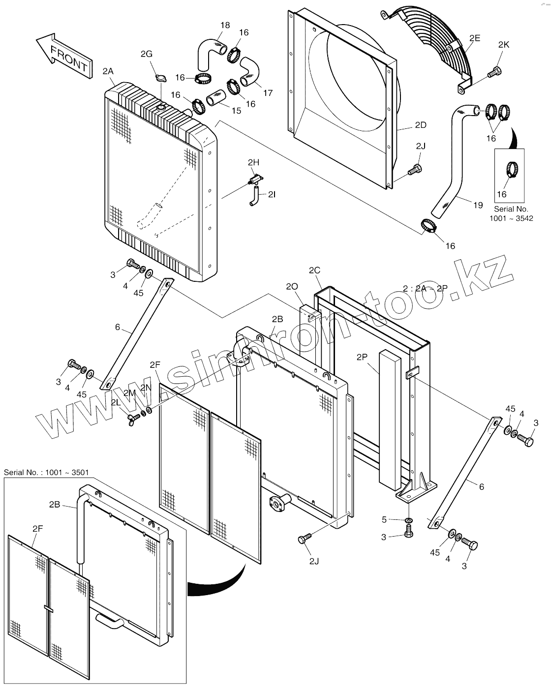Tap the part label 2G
click(147, 54)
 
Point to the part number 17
click(268, 93)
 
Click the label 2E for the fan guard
click(475, 38)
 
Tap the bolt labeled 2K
click(494, 73)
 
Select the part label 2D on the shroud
click(421, 125)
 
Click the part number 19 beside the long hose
click(478, 206)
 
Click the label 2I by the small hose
click(272, 195)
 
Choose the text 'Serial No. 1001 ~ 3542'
click(511, 213)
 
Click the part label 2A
click(108, 71)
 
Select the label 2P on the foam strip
click(362, 357)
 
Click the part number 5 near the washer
click(384, 519)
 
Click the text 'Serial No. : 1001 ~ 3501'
click(46, 473)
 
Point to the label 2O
click(292, 286)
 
